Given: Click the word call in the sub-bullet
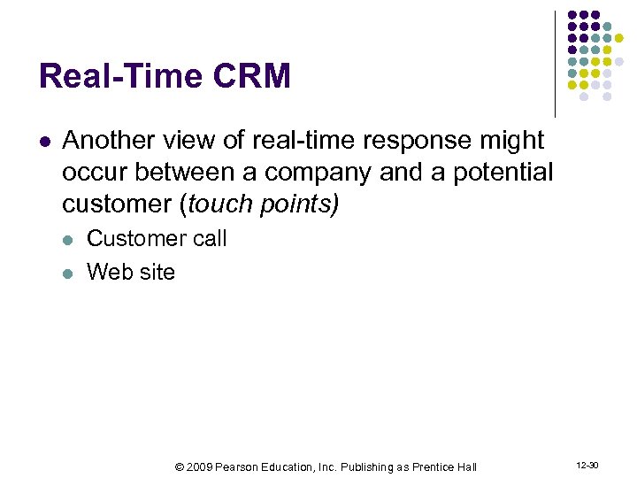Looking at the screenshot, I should pos(210,239).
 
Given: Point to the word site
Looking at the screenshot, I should pos(156,272).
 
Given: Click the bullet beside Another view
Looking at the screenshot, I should pos(45,142).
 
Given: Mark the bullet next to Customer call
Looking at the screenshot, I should pos(70,240).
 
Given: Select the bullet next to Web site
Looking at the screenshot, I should pos(70,273).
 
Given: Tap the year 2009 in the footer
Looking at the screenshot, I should pos(201,466).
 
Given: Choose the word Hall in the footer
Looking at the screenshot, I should pos(466,466).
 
